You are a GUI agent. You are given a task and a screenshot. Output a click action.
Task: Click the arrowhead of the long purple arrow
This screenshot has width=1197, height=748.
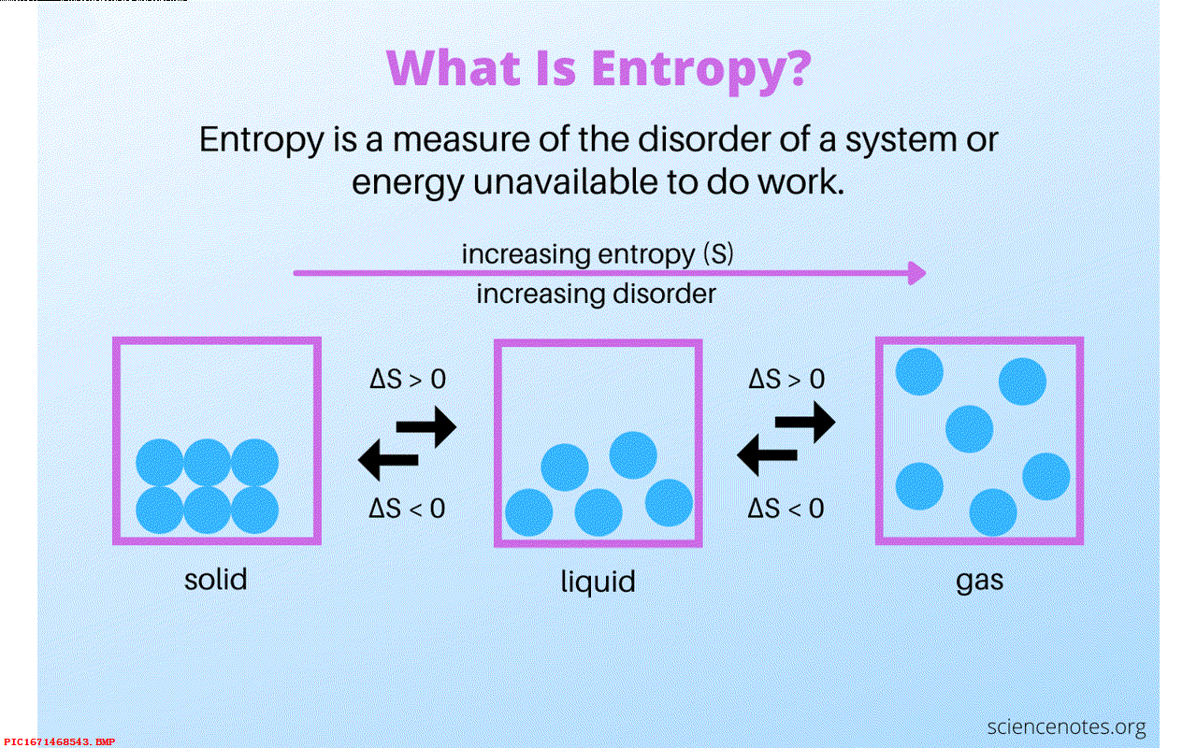click(917, 273)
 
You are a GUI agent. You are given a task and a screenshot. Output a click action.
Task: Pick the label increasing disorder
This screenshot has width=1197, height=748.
click(596, 294)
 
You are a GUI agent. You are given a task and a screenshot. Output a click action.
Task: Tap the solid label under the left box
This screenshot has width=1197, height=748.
click(216, 578)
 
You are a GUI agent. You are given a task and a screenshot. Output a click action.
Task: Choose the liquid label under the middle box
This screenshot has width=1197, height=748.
click(598, 582)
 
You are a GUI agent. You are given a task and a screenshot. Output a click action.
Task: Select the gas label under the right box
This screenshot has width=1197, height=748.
click(979, 580)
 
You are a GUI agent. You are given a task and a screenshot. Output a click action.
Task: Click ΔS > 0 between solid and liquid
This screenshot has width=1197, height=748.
click(407, 380)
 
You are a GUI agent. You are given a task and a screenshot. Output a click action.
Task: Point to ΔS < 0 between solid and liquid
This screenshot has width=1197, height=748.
click(407, 508)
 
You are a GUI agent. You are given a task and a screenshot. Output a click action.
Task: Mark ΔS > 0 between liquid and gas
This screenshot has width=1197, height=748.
click(786, 380)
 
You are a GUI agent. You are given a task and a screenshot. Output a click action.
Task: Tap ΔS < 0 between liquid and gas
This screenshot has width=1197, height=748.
click(786, 508)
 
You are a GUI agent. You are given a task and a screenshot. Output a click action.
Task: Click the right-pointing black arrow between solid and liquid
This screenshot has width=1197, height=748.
click(426, 427)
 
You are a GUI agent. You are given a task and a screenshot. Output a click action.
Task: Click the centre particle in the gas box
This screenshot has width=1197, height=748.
click(969, 428)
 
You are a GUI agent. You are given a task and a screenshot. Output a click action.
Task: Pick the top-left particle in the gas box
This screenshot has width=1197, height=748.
click(919, 371)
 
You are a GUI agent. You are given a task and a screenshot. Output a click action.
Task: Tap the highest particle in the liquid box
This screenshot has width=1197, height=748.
click(633, 454)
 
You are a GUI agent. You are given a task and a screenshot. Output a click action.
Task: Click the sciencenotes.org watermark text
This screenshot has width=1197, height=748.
click(1067, 726)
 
